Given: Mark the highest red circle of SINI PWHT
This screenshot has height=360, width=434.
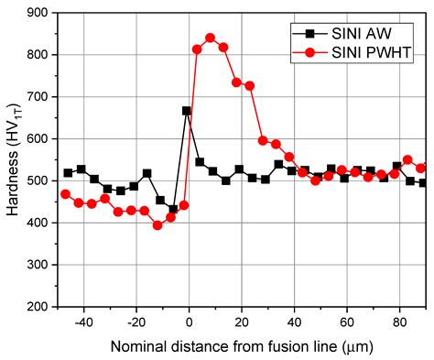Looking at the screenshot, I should [210, 38].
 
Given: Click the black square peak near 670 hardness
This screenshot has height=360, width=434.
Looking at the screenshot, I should [187, 111].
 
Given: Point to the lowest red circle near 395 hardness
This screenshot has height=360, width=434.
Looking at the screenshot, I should [157, 224].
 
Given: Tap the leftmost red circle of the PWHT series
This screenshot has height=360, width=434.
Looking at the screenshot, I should [65, 194].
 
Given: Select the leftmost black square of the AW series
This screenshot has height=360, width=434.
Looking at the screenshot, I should [68, 173].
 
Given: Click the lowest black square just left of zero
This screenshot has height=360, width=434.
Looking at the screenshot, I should [173, 209].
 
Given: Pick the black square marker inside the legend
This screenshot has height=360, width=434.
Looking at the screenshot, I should [310, 33].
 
